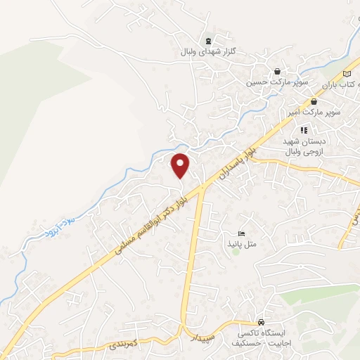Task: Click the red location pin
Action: click(181, 165)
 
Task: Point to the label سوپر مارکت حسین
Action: click(267, 82)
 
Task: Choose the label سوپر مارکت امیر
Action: click(314, 112)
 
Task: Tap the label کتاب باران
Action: click(341, 84)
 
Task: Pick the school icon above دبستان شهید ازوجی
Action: click(304, 129)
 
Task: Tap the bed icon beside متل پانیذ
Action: click(241, 233)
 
